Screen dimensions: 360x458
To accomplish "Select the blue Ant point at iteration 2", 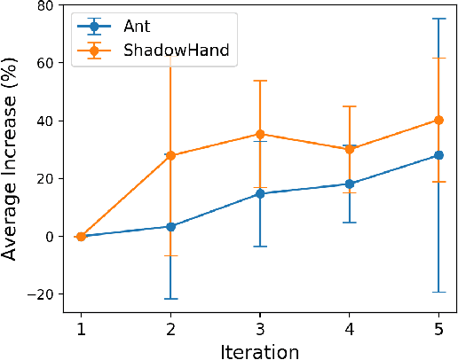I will click(170, 226).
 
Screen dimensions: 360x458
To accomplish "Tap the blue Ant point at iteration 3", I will click(260, 193).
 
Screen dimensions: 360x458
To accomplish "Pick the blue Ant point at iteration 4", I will click(350, 184).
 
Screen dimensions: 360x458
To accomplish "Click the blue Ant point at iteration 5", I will click(438, 155).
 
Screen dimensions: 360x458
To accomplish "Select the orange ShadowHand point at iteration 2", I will click(170, 155).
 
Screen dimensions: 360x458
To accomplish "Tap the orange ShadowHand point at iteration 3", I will click(260, 134).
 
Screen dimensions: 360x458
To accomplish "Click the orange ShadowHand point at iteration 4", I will click(350, 149).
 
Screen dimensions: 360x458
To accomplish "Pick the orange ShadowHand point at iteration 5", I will click(438, 120).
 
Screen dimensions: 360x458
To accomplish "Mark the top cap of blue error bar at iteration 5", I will click(438, 18).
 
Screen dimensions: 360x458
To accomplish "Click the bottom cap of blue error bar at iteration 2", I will click(170, 299).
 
